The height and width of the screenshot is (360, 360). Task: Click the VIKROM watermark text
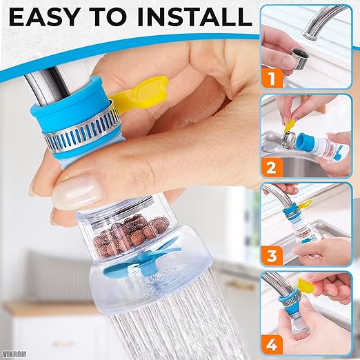[x=15, y=350]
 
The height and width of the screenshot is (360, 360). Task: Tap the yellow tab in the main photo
[x=146, y=93]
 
